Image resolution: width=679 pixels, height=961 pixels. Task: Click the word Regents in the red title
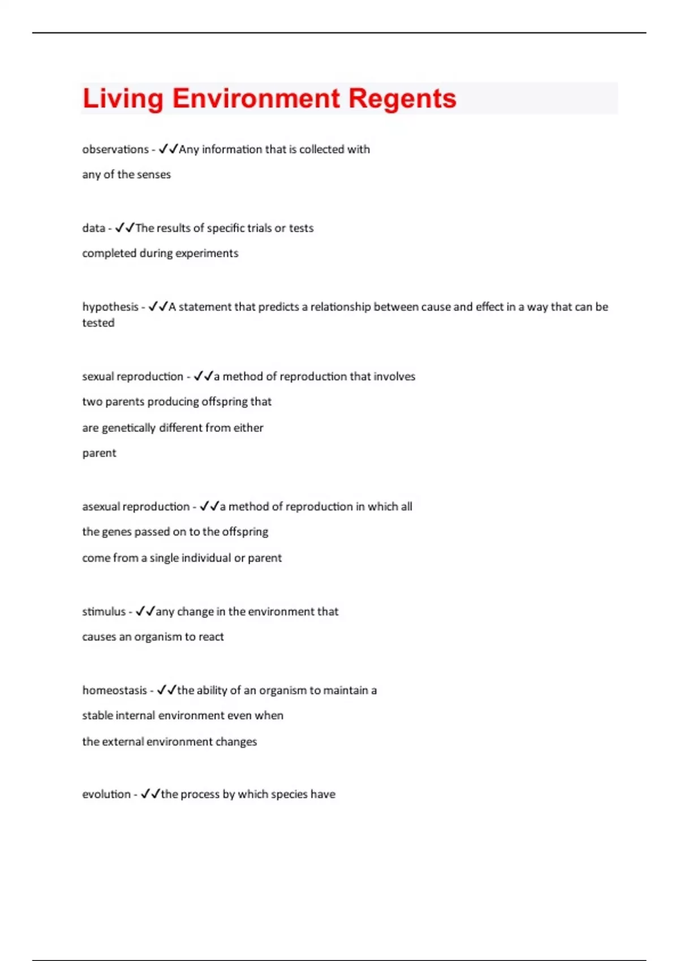pos(402,98)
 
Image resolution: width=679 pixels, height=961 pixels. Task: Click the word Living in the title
pos(123,98)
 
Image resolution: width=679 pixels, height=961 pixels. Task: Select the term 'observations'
pos(115,149)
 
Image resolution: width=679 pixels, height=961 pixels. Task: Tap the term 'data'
pos(93,228)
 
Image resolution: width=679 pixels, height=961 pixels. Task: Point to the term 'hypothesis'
pos(110,307)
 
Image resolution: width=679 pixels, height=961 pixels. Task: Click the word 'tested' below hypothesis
pos(98,323)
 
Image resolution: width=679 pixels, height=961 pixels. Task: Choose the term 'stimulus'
pos(104,612)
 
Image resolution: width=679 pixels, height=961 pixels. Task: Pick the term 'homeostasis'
pos(114,690)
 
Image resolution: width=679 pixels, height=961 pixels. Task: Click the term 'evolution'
pos(106,794)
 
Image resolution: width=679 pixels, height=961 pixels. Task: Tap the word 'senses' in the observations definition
pos(153,175)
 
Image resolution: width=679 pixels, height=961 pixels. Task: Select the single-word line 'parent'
pos(99,453)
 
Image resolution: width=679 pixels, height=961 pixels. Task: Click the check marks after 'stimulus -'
pos(145,611)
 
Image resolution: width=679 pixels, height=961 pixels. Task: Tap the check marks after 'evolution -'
pos(151,794)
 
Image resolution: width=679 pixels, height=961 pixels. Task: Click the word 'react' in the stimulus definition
pos(211,637)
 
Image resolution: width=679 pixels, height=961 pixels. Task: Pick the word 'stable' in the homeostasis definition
pos(97,716)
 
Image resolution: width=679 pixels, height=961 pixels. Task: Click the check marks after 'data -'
pos(124,228)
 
